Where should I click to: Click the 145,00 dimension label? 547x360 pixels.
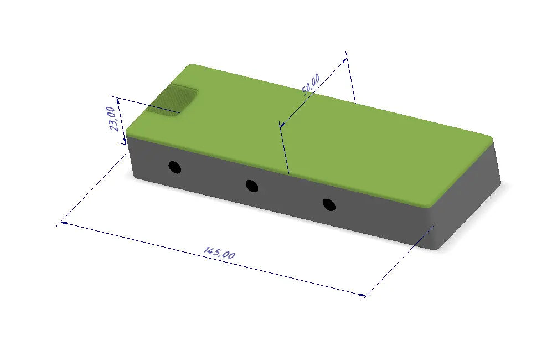pos(219,253)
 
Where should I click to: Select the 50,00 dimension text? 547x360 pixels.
pos(311,84)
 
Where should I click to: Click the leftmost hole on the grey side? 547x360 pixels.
pos(175,167)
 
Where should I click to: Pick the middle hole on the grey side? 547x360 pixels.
pos(252,186)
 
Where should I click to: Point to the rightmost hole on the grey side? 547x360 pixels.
pos(329,205)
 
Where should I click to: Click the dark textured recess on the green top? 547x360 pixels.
pos(172,100)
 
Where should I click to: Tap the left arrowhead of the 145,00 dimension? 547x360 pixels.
pos(64,223)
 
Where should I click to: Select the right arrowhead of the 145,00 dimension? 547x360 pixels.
pos(363,295)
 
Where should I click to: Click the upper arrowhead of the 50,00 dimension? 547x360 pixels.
pos(344,60)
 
